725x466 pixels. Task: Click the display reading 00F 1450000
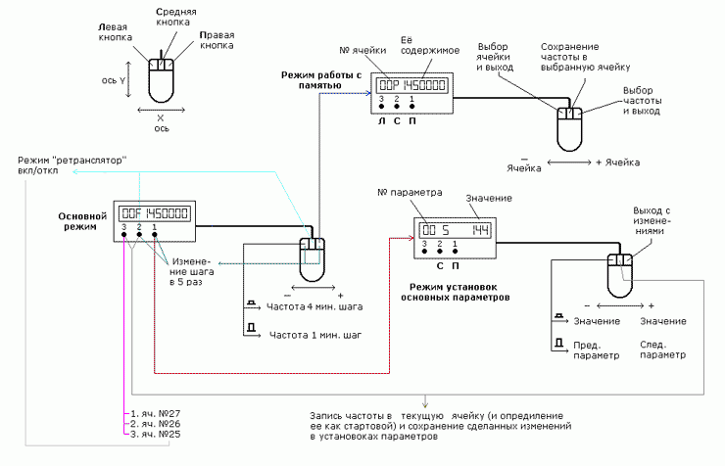click(x=155, y=213)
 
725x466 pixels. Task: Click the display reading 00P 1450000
click(x=411, y=85)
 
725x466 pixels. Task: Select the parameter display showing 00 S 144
click(x=455, y=230)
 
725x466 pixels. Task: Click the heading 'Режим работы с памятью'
click(x=321, y=80)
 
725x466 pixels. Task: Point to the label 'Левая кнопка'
click(x=115, y=32)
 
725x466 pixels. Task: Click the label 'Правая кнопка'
click(x=217, y=40)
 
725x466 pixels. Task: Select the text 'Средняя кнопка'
click(x=175, y=17)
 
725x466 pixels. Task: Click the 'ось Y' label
click(x=114, y=80)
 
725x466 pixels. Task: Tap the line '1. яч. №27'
click(x=156, y=413)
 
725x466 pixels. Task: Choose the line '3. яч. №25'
click(x=156, y=434)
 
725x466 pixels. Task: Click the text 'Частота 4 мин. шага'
click(x=314, y=306)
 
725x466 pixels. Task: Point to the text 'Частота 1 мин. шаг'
click(x=315, y=335)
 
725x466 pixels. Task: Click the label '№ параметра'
click(x=410, y=192)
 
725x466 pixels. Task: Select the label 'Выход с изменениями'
click(x=652, y=220)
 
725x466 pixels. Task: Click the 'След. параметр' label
click(x=662, y=350)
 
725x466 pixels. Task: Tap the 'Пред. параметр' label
click(x=596, y=350)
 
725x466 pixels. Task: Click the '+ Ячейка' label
click(x=618, y=163)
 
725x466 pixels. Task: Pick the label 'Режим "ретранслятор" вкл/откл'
click(x=72, y=165)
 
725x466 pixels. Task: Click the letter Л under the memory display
click(x=381, y=121)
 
